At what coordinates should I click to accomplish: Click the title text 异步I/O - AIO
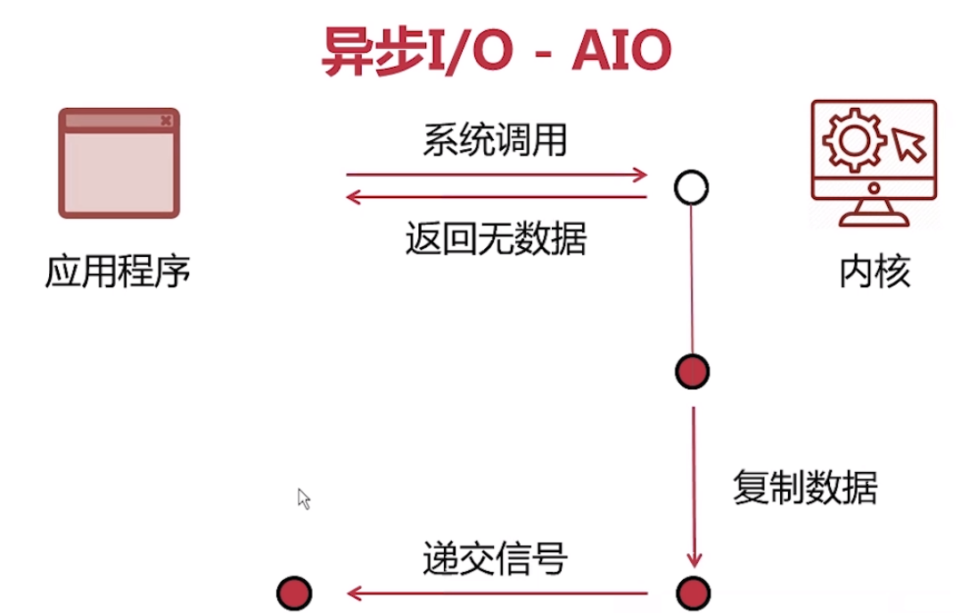[x=496, y=53]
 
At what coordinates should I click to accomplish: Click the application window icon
[x=119, y=163]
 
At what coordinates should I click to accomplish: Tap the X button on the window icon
[x=166, y=120]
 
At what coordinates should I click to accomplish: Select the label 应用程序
[x=119, y=271]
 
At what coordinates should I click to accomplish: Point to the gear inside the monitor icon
[x=850, y=140]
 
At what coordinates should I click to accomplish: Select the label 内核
[x=875, y=272]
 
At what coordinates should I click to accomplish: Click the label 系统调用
[x=495, y=140]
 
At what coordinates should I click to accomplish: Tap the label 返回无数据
[x=496, y=239]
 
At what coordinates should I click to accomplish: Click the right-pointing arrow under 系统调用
[x=497, y=174]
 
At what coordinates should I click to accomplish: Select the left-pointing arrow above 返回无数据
[x=497, y=196]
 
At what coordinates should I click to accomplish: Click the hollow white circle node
[x=692, y=187]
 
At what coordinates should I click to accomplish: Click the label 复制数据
[x=805, y=489]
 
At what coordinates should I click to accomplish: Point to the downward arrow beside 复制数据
[x=693, y=486]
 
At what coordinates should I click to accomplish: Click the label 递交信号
[x=495, y=560]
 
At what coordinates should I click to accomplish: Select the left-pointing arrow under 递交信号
[x=497, y=592]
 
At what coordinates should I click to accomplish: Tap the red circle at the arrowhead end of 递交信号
[x=294, y=592]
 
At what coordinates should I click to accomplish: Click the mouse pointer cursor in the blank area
[x=304, y=499]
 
